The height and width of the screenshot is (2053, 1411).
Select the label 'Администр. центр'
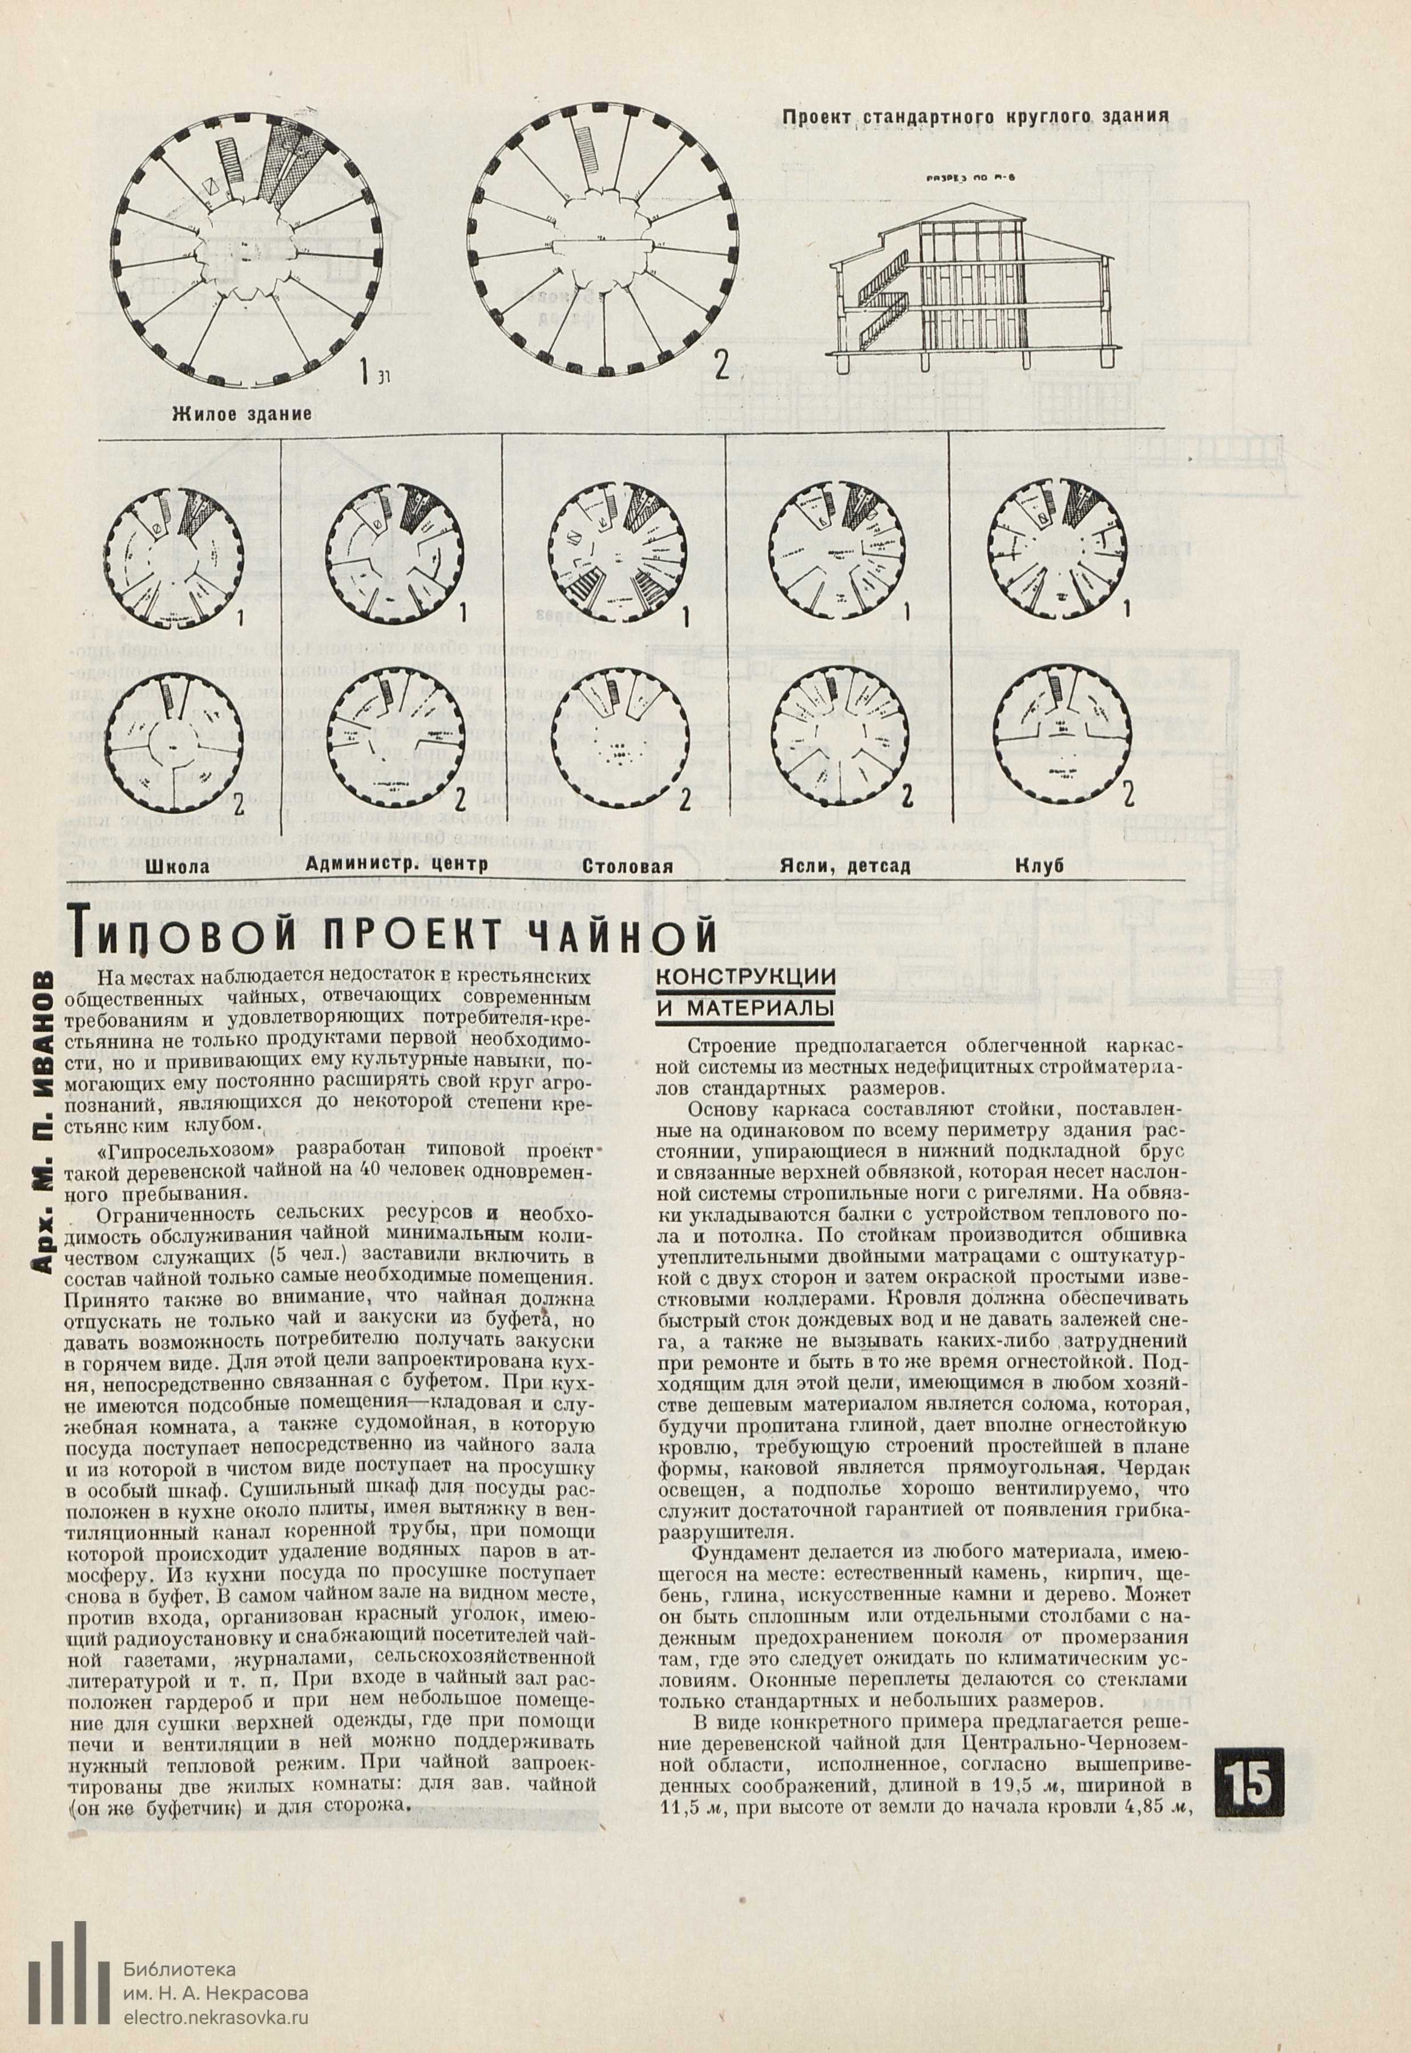click(x=396, y=864)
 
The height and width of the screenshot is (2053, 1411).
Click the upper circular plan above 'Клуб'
click(x=1060, y=553)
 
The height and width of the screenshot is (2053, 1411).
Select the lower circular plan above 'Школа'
click(x=174, y=740)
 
